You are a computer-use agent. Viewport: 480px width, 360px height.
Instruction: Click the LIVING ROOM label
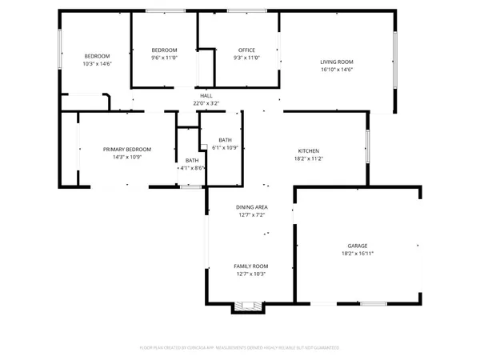coord(336,62)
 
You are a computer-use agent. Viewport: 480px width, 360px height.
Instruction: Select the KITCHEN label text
coord(309,151)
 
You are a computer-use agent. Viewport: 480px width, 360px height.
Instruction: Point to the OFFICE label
coord(246,50)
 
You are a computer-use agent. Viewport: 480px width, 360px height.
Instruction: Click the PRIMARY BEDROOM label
coord(126,150)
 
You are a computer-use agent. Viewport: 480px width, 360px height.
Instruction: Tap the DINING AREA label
coord(250,207)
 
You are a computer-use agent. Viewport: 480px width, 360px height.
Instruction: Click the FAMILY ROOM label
coord(250,266)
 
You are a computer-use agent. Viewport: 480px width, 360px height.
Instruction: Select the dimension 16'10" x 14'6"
coord(336,70)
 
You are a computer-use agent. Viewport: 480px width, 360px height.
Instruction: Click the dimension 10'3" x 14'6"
coord(97,63)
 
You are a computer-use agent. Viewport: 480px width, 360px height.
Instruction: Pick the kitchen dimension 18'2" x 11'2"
coord(309,158)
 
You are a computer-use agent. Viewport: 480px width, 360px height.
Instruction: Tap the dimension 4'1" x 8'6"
coord(192,168)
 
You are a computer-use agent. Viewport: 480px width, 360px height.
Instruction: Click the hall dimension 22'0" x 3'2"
coord(206,103)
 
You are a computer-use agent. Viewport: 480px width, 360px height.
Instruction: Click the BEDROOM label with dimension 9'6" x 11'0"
coord(164,50)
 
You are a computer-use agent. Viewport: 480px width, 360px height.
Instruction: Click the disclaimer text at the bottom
coord(240,348)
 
